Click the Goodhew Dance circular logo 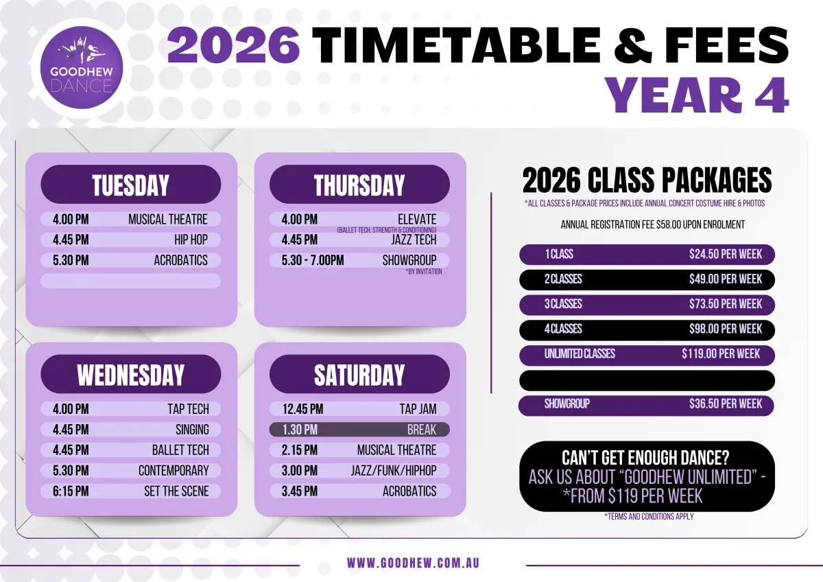[x=81, y=67]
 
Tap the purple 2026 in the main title [x=233, y=46]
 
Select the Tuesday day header [x=131, y=184]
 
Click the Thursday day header [x=359, y=184]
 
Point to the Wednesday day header [x=131, y=374]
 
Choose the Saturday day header [x=359, y=374]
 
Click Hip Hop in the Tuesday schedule [x=191, y=240]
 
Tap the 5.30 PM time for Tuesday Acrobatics [x=71, y=260]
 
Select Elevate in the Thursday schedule [x=417, y=220]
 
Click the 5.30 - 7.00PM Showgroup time [x=313, y=260]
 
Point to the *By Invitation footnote [x=424, y=272]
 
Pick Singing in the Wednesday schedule [x=192, y=430]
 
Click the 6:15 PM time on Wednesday [x=71, y=491]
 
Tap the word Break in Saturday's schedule [x=422, y=430]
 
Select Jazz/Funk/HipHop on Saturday [x=394, y=471]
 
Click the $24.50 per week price [x=726, y=255]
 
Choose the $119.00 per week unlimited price [x=721, y=353]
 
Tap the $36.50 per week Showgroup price [x=726, y=404]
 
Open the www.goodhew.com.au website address [x=413, y=563]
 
